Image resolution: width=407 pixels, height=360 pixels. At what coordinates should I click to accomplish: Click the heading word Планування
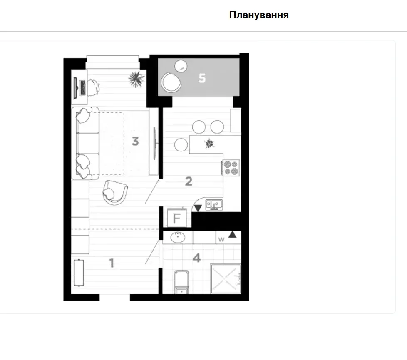point(259,15)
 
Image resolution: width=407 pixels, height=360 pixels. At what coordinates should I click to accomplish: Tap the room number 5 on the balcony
point(202,78)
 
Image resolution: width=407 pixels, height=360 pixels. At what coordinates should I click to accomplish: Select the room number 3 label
point(135,141)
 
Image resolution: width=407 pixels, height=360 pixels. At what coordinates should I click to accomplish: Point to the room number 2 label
point(189,181)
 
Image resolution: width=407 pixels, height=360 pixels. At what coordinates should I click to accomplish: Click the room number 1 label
point(112,263)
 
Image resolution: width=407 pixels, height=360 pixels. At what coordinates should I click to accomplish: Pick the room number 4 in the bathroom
point(197,258)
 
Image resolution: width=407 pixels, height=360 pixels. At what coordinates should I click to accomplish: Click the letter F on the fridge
point(177,218)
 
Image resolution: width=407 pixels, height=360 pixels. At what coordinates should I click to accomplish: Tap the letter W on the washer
point(221,240)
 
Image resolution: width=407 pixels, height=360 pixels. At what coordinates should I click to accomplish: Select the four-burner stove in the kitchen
point(231,168)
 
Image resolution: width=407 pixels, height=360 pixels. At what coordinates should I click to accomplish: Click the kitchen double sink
point(214,204)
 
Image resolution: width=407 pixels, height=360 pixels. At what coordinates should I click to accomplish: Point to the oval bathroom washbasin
point(178,237)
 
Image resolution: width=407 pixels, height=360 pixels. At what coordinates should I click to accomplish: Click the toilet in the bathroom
point(182,282)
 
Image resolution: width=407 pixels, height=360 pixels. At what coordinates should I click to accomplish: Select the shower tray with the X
point(226,278)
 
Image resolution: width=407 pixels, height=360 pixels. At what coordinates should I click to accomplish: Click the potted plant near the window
point(136,79)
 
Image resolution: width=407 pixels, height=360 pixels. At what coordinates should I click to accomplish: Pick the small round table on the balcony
point(181,66)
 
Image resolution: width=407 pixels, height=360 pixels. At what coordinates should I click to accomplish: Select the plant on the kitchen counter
point(209,144)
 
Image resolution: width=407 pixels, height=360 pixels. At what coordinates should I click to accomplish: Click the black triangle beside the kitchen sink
point(198,208)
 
